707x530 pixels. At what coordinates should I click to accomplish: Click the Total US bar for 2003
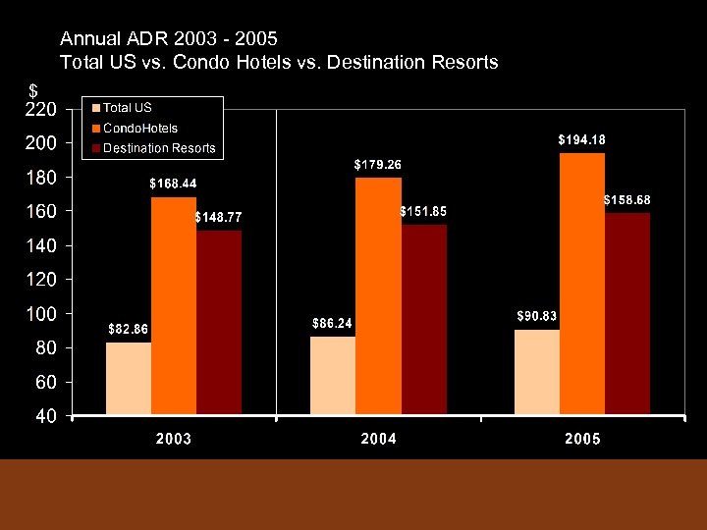[x=129, y=378]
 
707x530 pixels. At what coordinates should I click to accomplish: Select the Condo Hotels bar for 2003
[x=174, y=305]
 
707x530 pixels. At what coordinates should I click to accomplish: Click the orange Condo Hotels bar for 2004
[x=378, y=295]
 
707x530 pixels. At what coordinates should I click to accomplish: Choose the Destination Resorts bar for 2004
[x=423, y=319]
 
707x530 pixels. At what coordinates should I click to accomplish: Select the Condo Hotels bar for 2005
[x=582, y=284]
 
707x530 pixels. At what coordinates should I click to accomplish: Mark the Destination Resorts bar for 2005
[x=627, y=313]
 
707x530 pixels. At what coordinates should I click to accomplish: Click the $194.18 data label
[x=581, y=139]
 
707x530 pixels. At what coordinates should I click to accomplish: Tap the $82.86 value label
[x=128, y=328]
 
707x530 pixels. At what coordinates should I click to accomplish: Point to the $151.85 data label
[x=423, y=211]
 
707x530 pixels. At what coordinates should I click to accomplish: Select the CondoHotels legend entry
[x=140, y=128]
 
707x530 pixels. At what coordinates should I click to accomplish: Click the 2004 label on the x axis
[x=379, y=439]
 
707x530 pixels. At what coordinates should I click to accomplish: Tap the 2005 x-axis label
[x=582, y=439]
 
